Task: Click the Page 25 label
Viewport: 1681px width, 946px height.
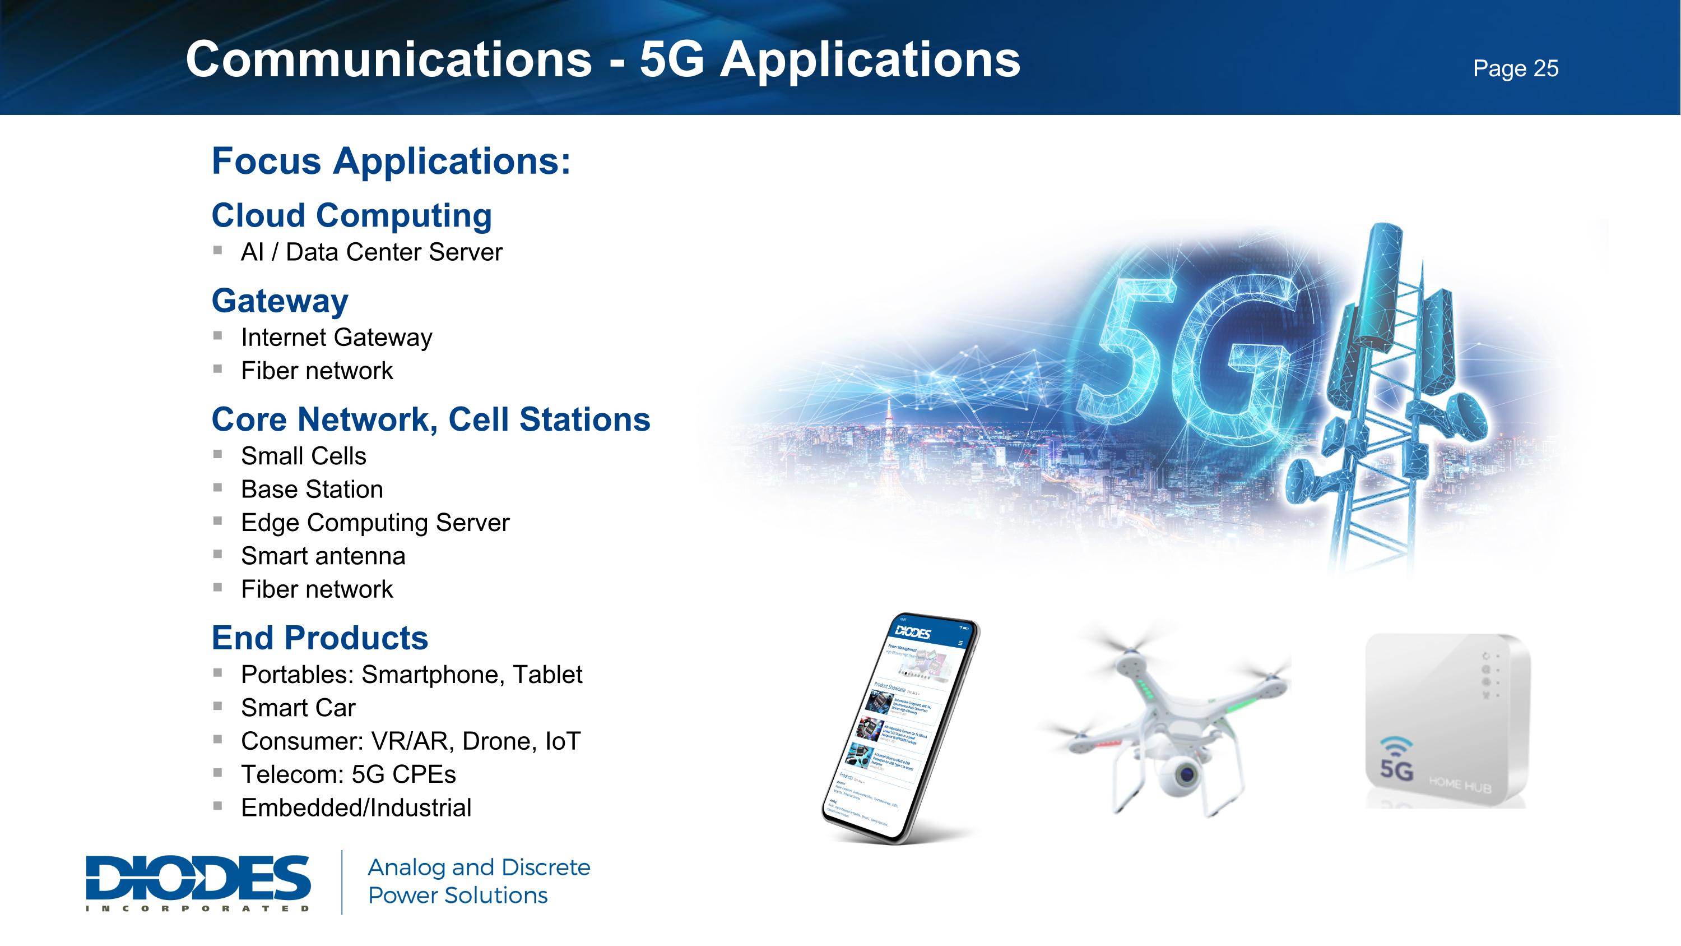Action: tap(1515, 68)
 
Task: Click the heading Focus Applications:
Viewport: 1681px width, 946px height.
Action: tap(391, 161)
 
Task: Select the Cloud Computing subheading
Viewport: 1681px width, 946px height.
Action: tap(351, 215)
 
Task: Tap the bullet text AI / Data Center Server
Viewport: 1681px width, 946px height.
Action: tap(372, 252)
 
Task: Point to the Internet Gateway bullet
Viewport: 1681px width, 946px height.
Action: tap(336, 338)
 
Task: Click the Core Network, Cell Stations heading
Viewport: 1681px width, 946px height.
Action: tap(431, 419)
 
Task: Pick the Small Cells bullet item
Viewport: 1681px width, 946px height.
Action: tap(304, 456)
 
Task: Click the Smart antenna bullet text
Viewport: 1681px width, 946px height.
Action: tap(323, 556)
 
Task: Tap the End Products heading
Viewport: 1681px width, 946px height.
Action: tap(320, 638)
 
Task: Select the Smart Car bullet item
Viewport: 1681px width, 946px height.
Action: tap(298, 708)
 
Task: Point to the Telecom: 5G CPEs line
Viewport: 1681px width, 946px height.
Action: tap(348, 774)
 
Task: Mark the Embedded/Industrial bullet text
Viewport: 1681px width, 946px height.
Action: tap(356, 807)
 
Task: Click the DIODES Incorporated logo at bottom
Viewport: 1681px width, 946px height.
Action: tap(198, 882)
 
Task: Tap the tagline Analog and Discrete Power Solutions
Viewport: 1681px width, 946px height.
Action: tap(479, 882)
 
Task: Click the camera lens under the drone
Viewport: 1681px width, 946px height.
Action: tap(1186, 775)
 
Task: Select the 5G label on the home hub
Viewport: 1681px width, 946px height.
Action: tap(1396, 768)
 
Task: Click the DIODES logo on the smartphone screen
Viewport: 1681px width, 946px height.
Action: tap(912, 631)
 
